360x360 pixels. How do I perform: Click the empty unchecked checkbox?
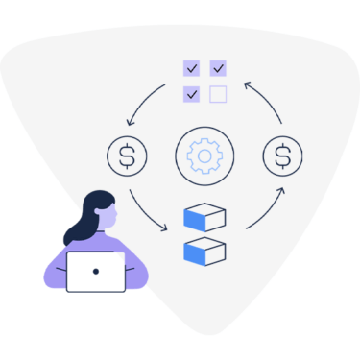(x=218, y=93)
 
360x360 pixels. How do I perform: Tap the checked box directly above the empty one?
(x=218, y=68)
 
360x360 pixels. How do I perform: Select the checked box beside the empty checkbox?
(x=192, y=93)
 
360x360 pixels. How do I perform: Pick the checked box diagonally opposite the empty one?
(x=192, y=68)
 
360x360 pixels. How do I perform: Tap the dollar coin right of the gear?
(x=282, y=155)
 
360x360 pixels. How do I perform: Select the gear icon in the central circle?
(x=204, y=155)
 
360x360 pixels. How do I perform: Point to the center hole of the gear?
(x=204, y=155)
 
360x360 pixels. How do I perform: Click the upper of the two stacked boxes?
(x=204, y=217)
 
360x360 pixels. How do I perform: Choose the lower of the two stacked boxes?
(x=204, y=251)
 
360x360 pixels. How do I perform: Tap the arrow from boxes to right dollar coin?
(x=267, y=208)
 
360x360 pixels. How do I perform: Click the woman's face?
(x=108, y=216)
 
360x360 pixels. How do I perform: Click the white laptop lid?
(x=96, y=272)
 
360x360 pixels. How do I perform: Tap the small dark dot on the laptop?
(x=96, y=272)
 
